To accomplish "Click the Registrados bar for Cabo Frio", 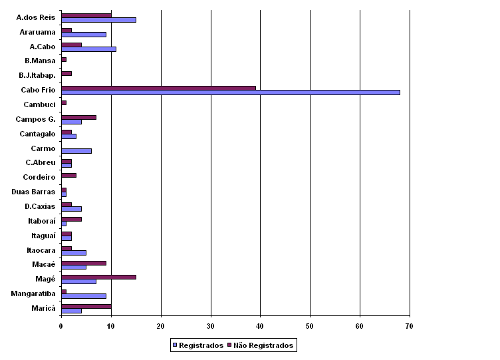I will click(230, 92).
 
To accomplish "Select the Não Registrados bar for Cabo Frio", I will click(158, 88).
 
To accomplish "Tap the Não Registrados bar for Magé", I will click(98, 276).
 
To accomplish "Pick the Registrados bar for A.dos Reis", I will click(98, 20).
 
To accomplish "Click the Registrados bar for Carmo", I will click(76, 150).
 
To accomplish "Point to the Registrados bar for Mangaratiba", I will click(83, 295).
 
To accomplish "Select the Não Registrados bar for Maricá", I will click(86, 305).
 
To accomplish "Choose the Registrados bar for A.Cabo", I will click(88, 49).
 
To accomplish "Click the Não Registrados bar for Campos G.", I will click(78, 117).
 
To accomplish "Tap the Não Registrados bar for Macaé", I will click(83, 262).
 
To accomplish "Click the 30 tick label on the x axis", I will click(210, 325).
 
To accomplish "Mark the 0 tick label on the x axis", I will click(61, 325).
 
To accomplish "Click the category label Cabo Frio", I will click(38, 90).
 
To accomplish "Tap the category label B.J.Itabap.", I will click(37, 75).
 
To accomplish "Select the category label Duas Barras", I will click(33, 192).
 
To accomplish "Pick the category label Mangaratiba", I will click(33, 293).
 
